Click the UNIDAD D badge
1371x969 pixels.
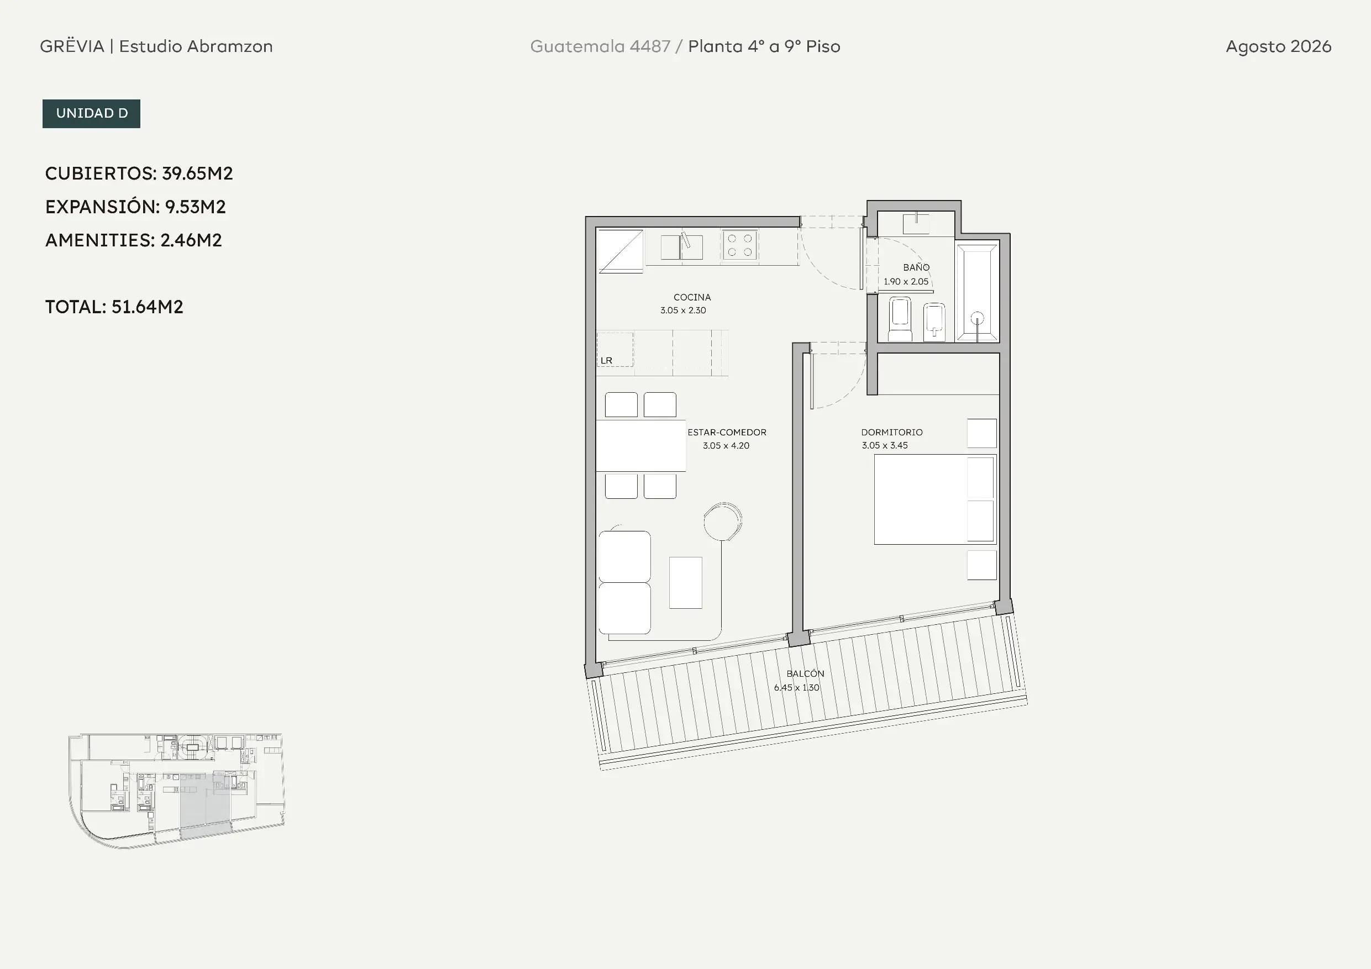(x=91, y=113)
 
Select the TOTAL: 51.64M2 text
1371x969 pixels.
(x=114, y=307)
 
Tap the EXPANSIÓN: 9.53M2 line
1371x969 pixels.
(x=135, y=207)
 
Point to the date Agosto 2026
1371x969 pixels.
(x=1279, y=46)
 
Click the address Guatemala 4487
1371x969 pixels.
(x=600, y=46)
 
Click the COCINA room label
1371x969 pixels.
(x=692, y=297)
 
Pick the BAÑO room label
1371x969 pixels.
(x=916, y=267)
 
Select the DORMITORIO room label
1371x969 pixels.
(x=891, y=432)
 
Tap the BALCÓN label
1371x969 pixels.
(x=805, y=673)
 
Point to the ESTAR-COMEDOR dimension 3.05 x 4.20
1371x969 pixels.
(x=726, y=445)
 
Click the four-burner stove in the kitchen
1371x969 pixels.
(x=740, y=245)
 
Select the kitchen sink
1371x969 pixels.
(x=681, y=246)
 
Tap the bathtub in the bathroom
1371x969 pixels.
(x=978, y=291)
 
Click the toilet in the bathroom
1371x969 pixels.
(x=900, y=319)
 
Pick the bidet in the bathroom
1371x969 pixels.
(x=934, y=323)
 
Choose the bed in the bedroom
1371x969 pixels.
(x=935, y=499)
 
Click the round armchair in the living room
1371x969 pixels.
(x=722, y=521)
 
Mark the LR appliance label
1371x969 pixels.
(x=606, y=361)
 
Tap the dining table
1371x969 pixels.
(x=640, y=445)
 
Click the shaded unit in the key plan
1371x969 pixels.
(x=206, y=806)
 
